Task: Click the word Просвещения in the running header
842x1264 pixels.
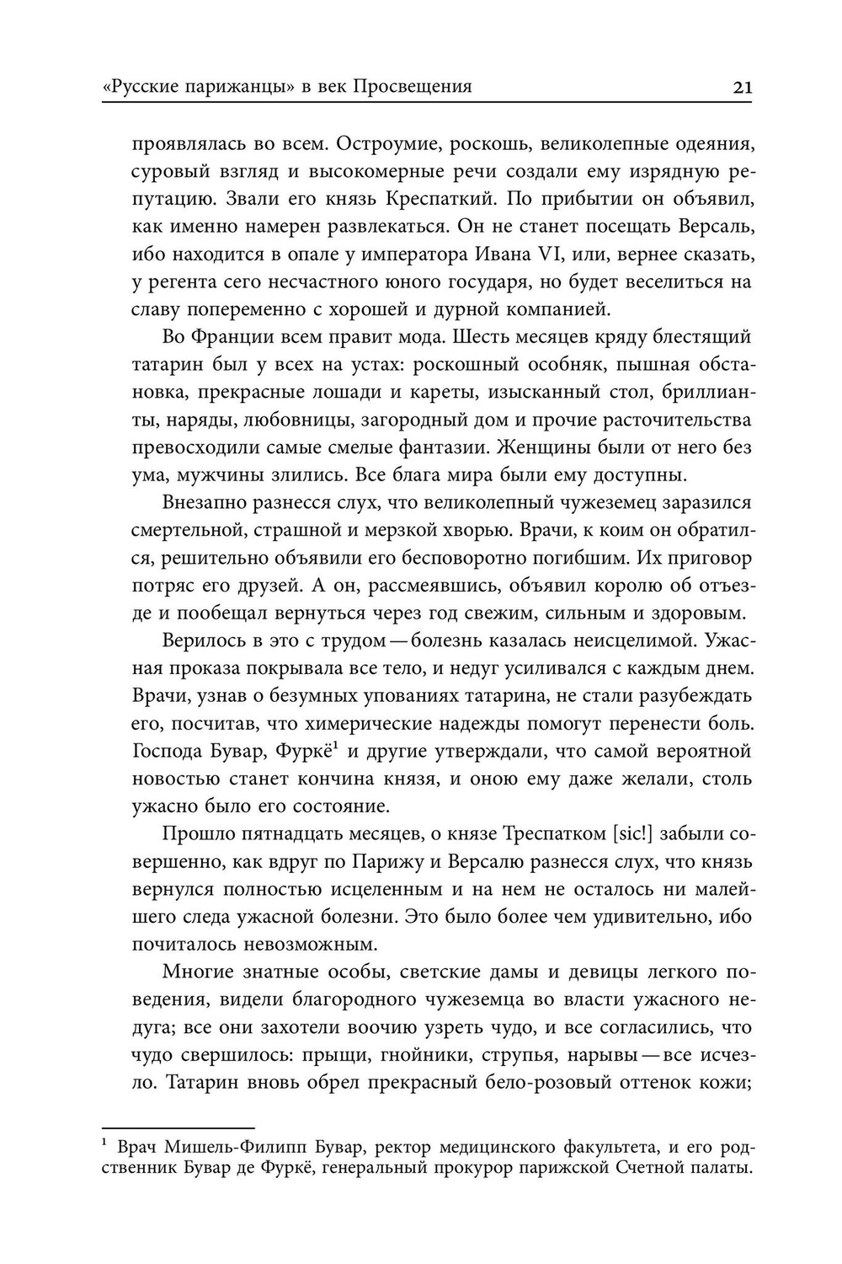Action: coord(411,87)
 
